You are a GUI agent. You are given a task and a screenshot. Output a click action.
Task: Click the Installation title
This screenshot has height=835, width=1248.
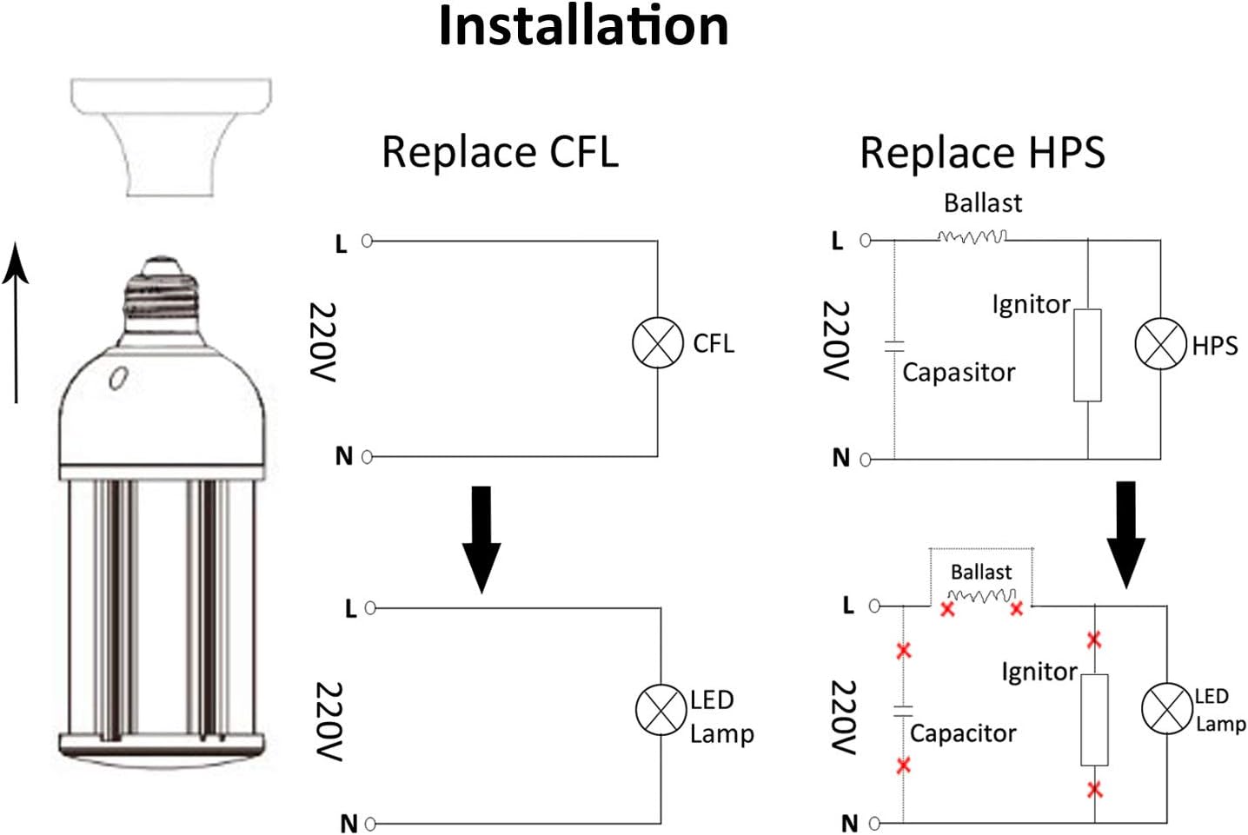[583, 26]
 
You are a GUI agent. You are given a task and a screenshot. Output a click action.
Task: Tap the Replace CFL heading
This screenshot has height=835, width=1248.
[500, 151]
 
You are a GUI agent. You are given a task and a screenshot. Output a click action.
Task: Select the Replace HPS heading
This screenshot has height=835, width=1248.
[982, 152]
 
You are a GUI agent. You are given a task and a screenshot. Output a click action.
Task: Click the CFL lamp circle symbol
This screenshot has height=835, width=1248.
[657, 342]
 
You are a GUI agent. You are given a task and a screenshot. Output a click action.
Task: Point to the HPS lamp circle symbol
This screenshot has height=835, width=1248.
[1160, 343]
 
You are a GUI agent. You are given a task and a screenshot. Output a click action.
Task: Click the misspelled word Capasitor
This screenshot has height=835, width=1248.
[959, 373]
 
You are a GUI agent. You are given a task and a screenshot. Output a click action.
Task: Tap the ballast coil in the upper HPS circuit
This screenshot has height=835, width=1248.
[973, 237]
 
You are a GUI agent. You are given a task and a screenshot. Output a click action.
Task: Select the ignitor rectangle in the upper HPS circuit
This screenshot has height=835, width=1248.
[1087, 355]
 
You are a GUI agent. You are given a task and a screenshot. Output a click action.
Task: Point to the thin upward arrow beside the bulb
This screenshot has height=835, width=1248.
[16, 322]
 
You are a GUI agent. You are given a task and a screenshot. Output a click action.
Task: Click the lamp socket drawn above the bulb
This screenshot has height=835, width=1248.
[171, 137]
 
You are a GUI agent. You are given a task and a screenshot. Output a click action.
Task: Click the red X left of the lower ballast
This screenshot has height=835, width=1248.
[947, 609]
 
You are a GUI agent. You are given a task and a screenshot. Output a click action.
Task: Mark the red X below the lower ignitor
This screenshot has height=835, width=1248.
[1095, 790]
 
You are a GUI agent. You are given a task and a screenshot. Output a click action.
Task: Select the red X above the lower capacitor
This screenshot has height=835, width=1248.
[904, 650]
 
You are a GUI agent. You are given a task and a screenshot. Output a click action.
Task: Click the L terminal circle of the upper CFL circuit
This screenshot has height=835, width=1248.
[367, 241]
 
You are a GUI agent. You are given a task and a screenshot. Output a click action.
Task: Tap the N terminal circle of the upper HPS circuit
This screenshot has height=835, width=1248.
[866, 460]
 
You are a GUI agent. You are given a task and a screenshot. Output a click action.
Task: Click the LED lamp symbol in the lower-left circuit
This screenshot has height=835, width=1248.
[661, 710]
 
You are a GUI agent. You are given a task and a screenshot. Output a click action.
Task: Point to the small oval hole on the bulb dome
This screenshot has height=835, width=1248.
[119, 378]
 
